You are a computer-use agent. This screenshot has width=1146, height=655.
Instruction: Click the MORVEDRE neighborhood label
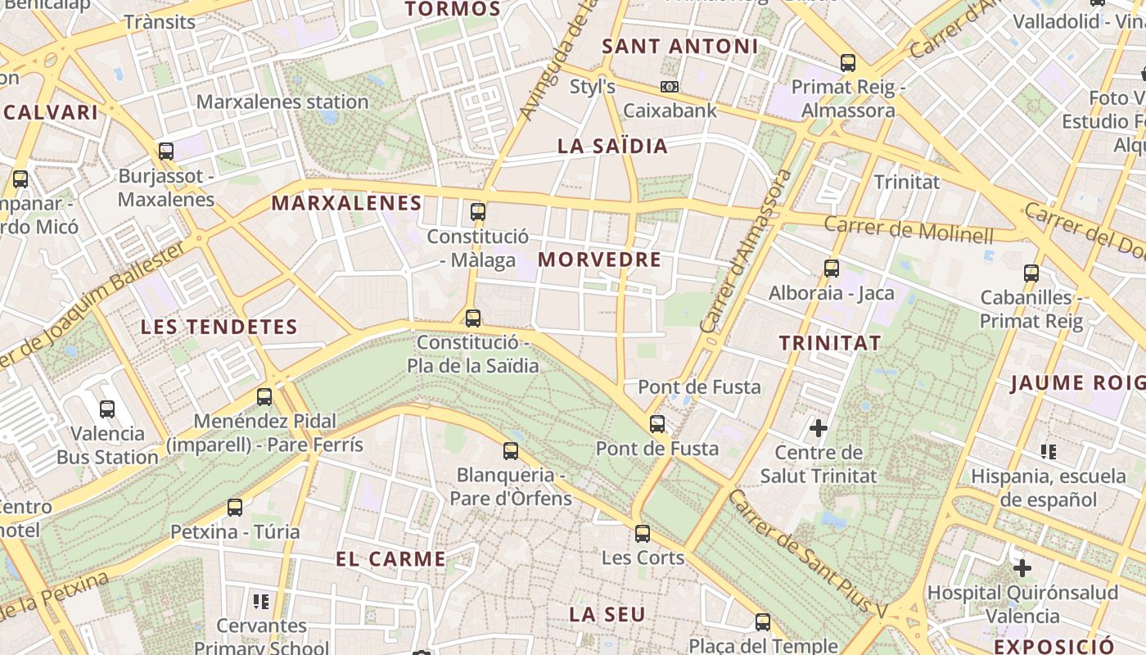(x=599, y=260)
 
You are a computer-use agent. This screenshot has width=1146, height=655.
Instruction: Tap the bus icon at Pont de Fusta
(x=657, y=424)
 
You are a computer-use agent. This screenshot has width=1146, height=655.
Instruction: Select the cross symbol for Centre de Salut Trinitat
(x=818, y=427)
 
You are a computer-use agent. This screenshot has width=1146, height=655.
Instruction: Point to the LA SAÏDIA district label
(x=612, y=147)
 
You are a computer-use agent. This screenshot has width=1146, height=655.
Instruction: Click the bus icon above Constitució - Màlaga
(x=478, y=212)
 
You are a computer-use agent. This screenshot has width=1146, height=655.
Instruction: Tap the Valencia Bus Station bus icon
(x=107, y=409)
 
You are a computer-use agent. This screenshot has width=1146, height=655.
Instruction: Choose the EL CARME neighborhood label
(x=391, y=559)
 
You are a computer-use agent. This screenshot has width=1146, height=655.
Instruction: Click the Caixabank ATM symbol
(x=670, y=87)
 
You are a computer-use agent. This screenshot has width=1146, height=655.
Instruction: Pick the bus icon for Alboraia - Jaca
(x=832, y=268)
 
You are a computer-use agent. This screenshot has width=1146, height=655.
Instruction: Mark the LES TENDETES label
(x=219, y=327)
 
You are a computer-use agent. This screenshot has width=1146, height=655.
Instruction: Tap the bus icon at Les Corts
(x=643, y=534)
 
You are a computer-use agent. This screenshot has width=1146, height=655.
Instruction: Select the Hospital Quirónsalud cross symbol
(x=1022, y=567)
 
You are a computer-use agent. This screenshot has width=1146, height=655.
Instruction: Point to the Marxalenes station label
(x=282, y=102)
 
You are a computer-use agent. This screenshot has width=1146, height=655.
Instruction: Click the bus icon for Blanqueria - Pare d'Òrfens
(x=511, y=450)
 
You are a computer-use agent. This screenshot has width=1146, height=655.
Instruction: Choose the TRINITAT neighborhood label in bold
(x=829, y=343)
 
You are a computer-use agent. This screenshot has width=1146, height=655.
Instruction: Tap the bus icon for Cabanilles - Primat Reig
(x=1031, y=273)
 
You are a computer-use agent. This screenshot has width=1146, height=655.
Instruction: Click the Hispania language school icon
(x=1048, y=451)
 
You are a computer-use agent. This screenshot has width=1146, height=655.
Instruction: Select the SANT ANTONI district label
(x=679, y=47)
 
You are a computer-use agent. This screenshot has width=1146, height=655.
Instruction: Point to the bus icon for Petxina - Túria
(x=235, y=508)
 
